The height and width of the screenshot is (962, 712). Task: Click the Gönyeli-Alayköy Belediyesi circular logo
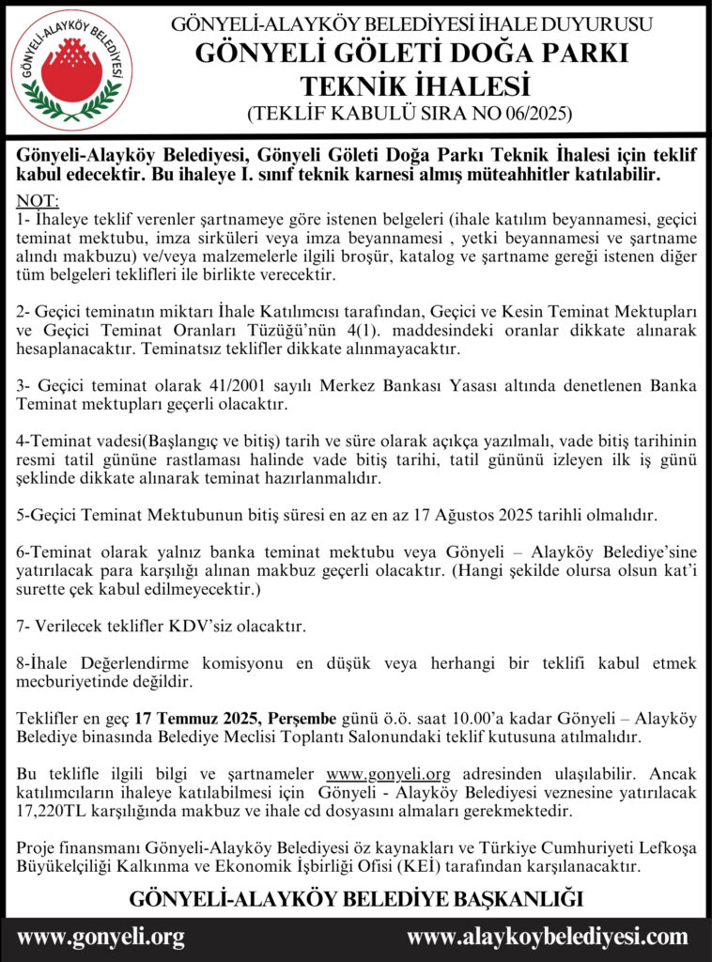tap(71, 69)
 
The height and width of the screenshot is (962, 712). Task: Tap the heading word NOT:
tap(38, 201)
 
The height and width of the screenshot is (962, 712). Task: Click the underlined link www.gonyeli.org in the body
tap(388, 774)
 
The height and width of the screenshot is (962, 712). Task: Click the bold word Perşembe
tap(303, 719)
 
